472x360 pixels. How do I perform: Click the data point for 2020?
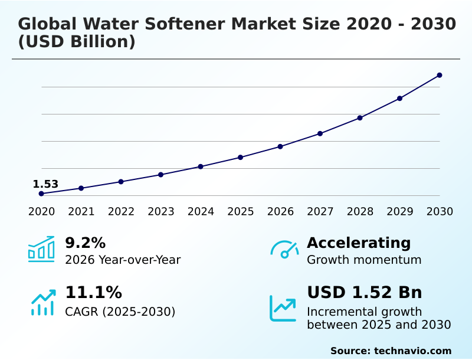[x=41, y=194]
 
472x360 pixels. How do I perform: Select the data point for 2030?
[x=440, y=75]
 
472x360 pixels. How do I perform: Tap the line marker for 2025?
[x=241, y=157]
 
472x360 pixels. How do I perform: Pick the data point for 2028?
[x=360, y=117]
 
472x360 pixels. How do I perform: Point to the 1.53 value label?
[x=45, y=184]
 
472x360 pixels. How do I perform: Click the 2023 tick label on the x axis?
[x=161, y=211]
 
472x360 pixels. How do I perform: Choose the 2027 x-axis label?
[x=320, y=211]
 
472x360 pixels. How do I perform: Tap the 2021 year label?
[x=81, y=211]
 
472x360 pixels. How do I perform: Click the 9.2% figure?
[x=85, y=243]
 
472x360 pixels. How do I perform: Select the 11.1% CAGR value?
[x=93, y=292]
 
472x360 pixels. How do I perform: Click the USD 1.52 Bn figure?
[x=364, y=292]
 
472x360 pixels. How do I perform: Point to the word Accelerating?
[x=359, y=243]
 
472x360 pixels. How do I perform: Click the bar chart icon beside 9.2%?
[x=41, y=250]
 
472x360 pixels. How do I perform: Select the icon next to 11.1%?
[x=42, y=302]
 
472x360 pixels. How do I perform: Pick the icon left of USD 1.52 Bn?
[x=283, y=308]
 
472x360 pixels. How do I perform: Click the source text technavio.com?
[x=412, y=351]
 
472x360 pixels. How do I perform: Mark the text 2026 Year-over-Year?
[x=123, y=260]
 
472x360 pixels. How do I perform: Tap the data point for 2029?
[x=399, y=98]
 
